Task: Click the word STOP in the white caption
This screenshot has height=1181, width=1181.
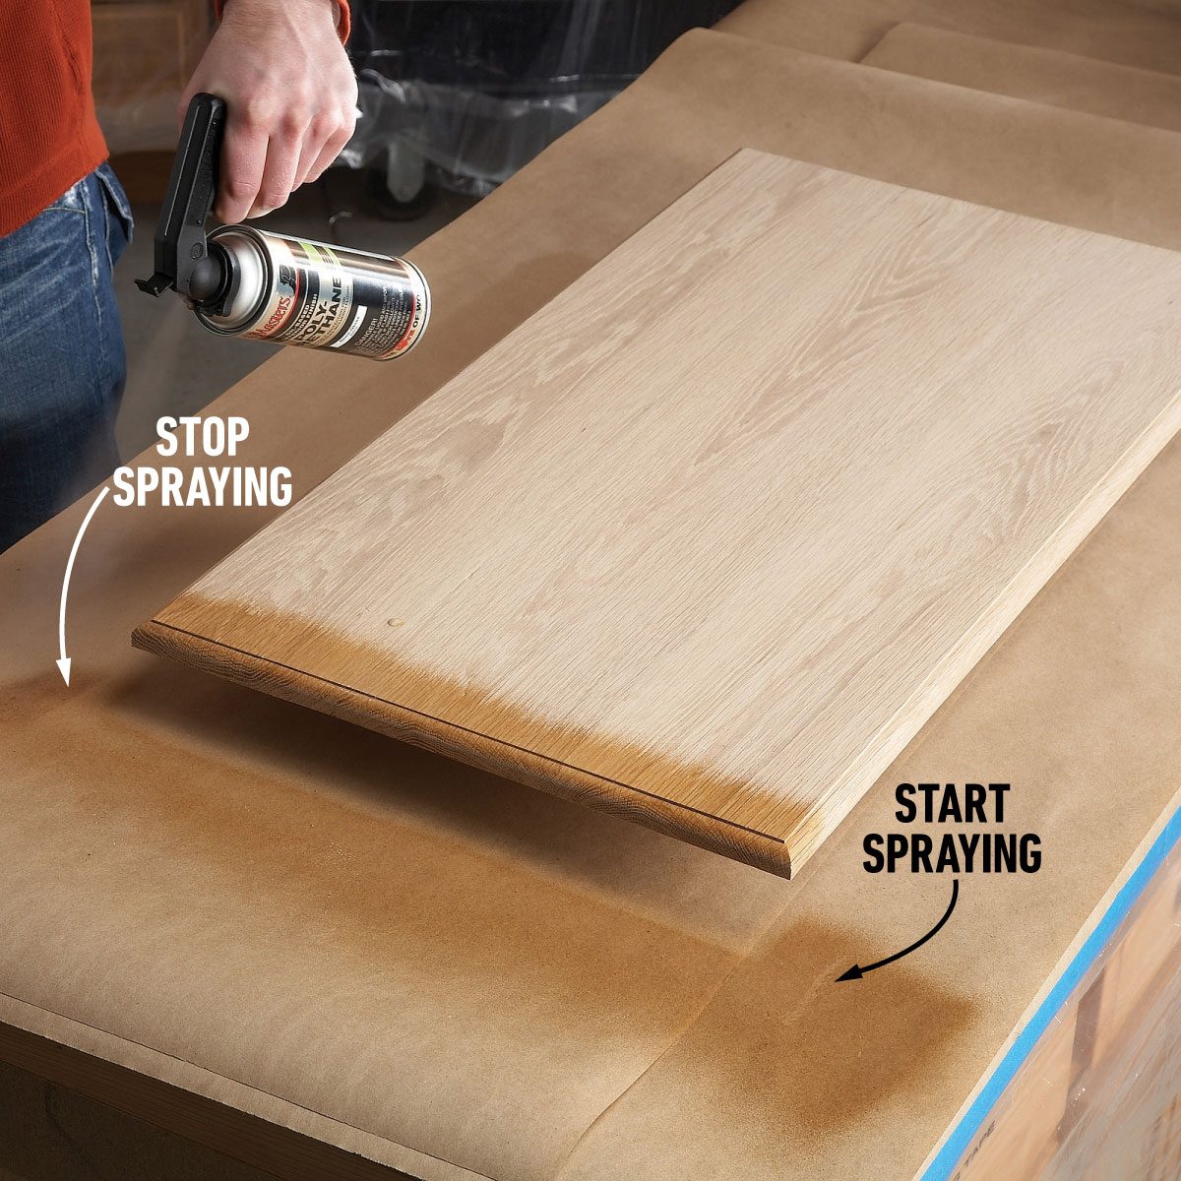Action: [203, 439]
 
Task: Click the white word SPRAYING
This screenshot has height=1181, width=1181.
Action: [203, 486]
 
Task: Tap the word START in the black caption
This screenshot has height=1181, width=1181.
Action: [952, 805]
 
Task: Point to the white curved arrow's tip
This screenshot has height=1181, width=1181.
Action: [65, 681]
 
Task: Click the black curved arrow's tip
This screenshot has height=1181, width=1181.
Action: [839, 977]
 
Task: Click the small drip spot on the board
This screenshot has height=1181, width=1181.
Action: [395, 623]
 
